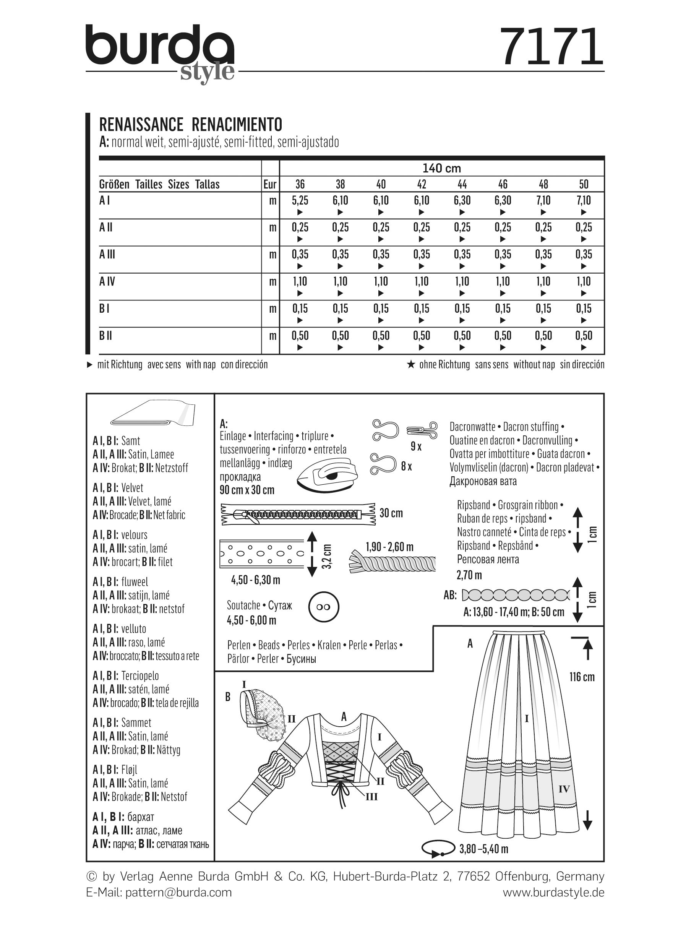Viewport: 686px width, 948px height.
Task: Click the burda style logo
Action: tap(160, 52)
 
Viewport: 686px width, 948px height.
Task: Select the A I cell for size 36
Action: tap(300, 201)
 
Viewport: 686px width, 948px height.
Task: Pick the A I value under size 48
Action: tap(543, 201)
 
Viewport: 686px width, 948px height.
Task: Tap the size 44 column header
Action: tap(462, 184)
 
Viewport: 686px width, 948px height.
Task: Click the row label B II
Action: tap(106, 336)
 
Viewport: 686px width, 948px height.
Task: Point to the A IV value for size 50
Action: tap(584, 282)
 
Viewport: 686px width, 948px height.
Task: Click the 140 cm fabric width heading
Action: tap(441, 169)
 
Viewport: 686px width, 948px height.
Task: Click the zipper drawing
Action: tap(298, 514)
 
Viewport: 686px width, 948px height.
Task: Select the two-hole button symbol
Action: tap(323, 607)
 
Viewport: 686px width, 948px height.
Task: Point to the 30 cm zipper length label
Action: tap(391, 513)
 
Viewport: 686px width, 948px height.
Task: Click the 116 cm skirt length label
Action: tap(582, 677)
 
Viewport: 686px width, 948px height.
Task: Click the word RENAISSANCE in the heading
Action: tap(141, 125)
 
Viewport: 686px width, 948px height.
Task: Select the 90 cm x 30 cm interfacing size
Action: tap(247, 490)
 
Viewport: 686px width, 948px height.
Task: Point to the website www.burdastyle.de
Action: tap(553, 893)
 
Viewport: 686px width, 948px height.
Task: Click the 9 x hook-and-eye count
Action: tap(416, 446)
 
